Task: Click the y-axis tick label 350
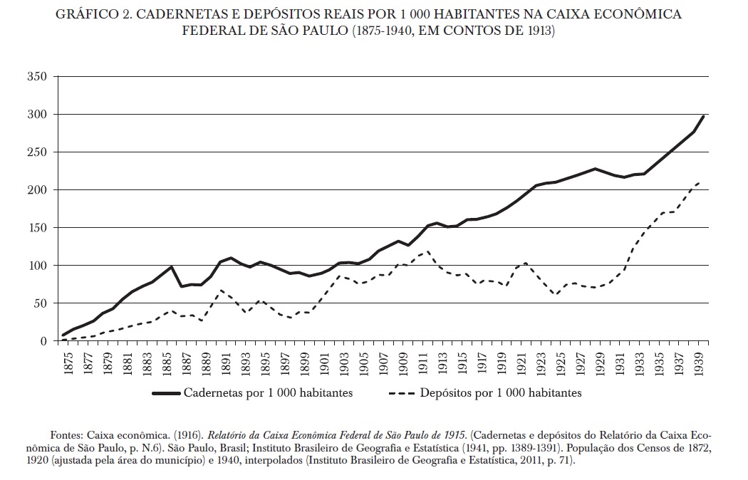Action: point(37,76)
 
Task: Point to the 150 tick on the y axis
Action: point(37,228)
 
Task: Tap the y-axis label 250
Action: point(37,152)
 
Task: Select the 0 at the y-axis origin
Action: point(43,341)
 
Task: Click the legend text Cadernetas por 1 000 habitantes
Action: point(268,392)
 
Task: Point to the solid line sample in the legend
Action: point(165,392)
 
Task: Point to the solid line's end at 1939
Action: point(703,116)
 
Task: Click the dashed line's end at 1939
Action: point(702,181)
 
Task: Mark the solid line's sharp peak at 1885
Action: point(172,267)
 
